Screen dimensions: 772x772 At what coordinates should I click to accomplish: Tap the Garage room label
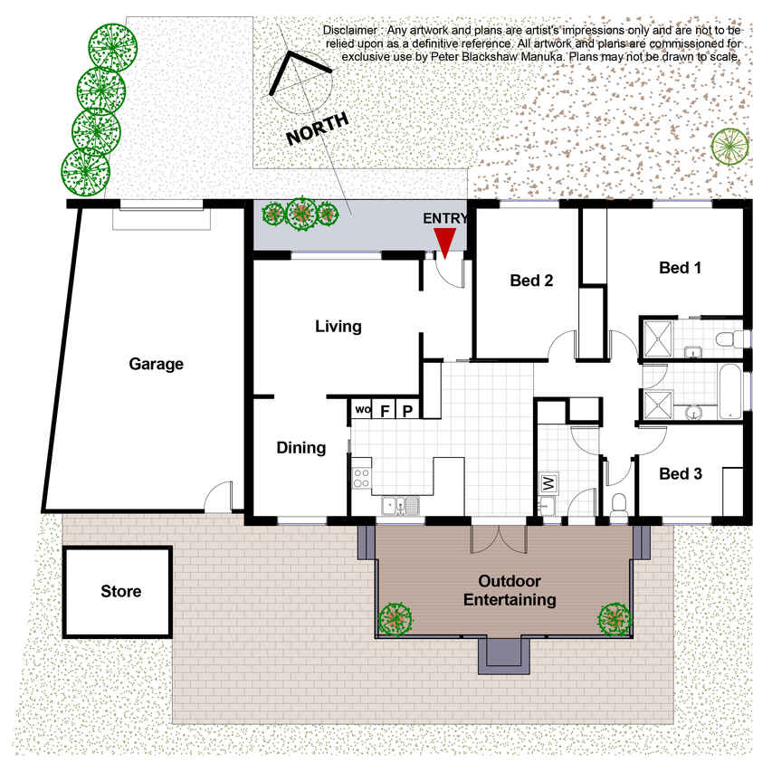(156, 364)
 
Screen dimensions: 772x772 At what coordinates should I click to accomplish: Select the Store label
(120, 591)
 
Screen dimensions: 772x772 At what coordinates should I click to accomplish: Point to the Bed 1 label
(680, 268)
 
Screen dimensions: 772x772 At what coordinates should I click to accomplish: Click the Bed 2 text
(531, 281)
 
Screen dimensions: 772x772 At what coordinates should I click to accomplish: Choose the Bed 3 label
(681, 473)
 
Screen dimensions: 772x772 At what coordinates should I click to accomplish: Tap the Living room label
(338, 327)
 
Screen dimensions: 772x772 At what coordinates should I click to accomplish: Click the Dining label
(300, 448)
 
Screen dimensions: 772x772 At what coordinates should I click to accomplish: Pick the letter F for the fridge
(385, 411)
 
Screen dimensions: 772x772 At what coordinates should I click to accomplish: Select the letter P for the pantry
(407, 411)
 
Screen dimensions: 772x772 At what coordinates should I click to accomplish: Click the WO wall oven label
(363, 410)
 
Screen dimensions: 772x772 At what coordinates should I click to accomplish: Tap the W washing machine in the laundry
(549, 483)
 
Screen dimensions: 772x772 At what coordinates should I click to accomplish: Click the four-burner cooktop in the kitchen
(361, 478)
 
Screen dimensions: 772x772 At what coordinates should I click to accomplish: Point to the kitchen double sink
(401, 506)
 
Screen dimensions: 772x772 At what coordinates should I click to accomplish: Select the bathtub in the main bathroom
(730, 391)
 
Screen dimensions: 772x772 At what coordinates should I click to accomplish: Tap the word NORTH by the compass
(318, 129)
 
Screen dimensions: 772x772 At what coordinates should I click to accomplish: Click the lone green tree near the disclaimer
(729, 147)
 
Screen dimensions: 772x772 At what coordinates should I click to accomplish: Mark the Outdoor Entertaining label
(510, 590)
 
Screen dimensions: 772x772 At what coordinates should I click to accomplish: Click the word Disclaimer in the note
(350, 31)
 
